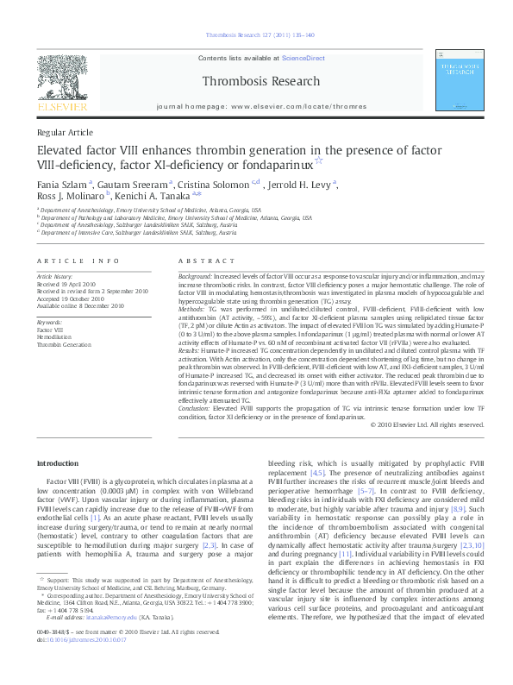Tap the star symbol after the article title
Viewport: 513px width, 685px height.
pyautogui.click(x=318, y=161)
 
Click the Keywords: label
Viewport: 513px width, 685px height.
pyautogui.click(x=50, y=322)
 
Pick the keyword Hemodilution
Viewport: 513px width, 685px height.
pyautogui.click(x=53, y=336)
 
